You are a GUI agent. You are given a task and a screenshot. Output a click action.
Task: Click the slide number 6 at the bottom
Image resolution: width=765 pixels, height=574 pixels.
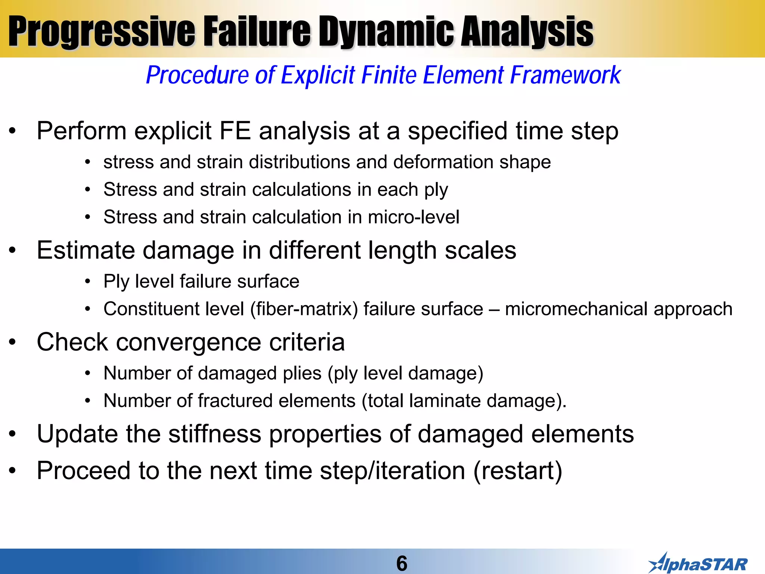click(402, 563)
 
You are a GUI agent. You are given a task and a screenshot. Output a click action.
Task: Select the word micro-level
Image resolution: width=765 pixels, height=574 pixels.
click(414, 217)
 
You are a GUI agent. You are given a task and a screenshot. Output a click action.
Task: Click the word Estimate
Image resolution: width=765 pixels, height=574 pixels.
click(86, 250)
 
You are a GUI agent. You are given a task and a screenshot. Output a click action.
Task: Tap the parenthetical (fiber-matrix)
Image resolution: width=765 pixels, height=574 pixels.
click(304, 309)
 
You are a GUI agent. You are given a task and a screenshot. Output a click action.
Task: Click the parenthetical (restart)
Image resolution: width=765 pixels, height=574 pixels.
click(518, 470)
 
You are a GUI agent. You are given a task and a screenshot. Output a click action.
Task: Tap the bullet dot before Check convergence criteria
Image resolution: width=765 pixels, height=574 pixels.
click(13, 342)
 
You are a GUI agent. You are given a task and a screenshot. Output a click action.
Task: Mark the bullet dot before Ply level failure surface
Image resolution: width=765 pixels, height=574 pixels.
click(87, 282)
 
